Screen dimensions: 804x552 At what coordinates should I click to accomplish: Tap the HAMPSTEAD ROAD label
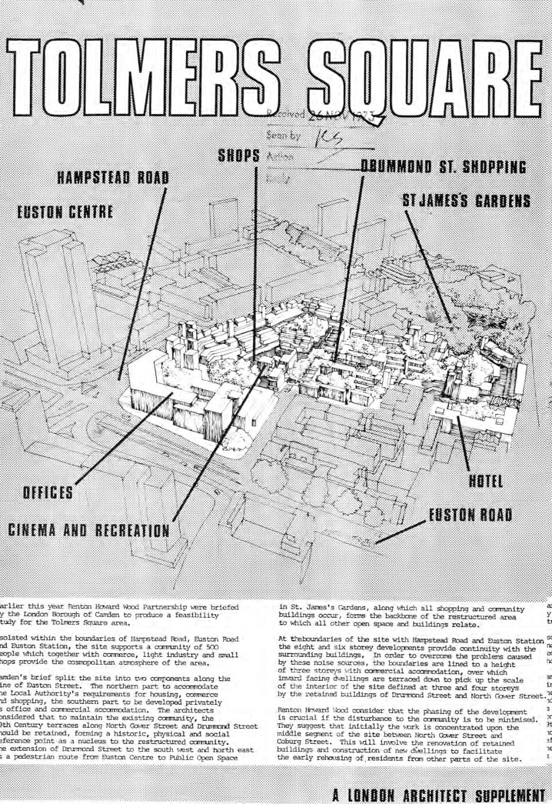tap(113, 177)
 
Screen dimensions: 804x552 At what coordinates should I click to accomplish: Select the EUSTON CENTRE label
tap(64, 213)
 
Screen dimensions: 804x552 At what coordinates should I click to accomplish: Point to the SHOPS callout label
tap(238, 155)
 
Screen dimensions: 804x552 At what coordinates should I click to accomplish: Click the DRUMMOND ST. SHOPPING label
tap(443, 167)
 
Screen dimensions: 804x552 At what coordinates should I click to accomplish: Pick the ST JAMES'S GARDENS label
tap(466, 201)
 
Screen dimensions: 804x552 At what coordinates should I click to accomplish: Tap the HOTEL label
tap(486, 481)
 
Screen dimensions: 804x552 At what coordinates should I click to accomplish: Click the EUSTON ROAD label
tap(471, 515)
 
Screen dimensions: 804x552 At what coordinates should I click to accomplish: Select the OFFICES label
tap(48, 492)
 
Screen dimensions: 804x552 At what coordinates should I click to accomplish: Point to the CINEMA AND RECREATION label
tap(89, 530)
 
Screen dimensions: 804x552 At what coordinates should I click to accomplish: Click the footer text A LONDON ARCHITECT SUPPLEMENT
tap(439, 795)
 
